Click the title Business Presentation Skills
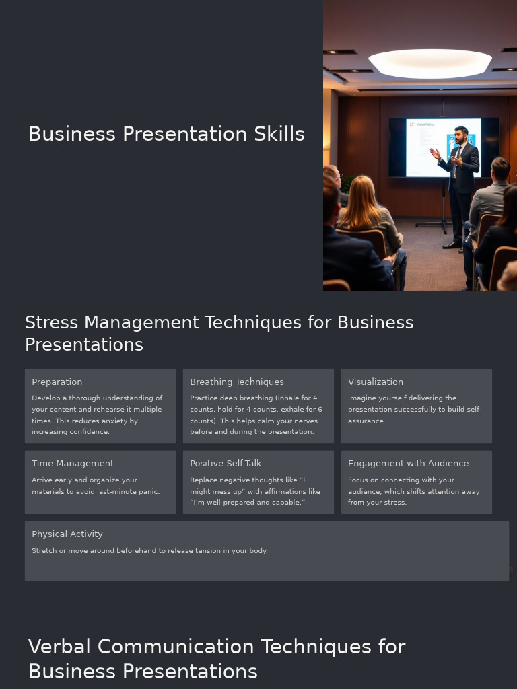pos(166,134)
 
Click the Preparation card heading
pos(57,382)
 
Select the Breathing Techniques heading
pos(237,382)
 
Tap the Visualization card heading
pos(376,382)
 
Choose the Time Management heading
pos(73,464)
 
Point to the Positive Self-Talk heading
pos(226,464)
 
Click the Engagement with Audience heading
pos(408,464)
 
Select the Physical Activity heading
pos(67,534)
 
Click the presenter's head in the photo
pos(460,134)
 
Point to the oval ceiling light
pos(429,63)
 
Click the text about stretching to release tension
pos(149,551)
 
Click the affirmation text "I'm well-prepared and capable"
pos(247,503)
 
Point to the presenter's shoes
pos(452,245)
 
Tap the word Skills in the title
pos(279,134)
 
